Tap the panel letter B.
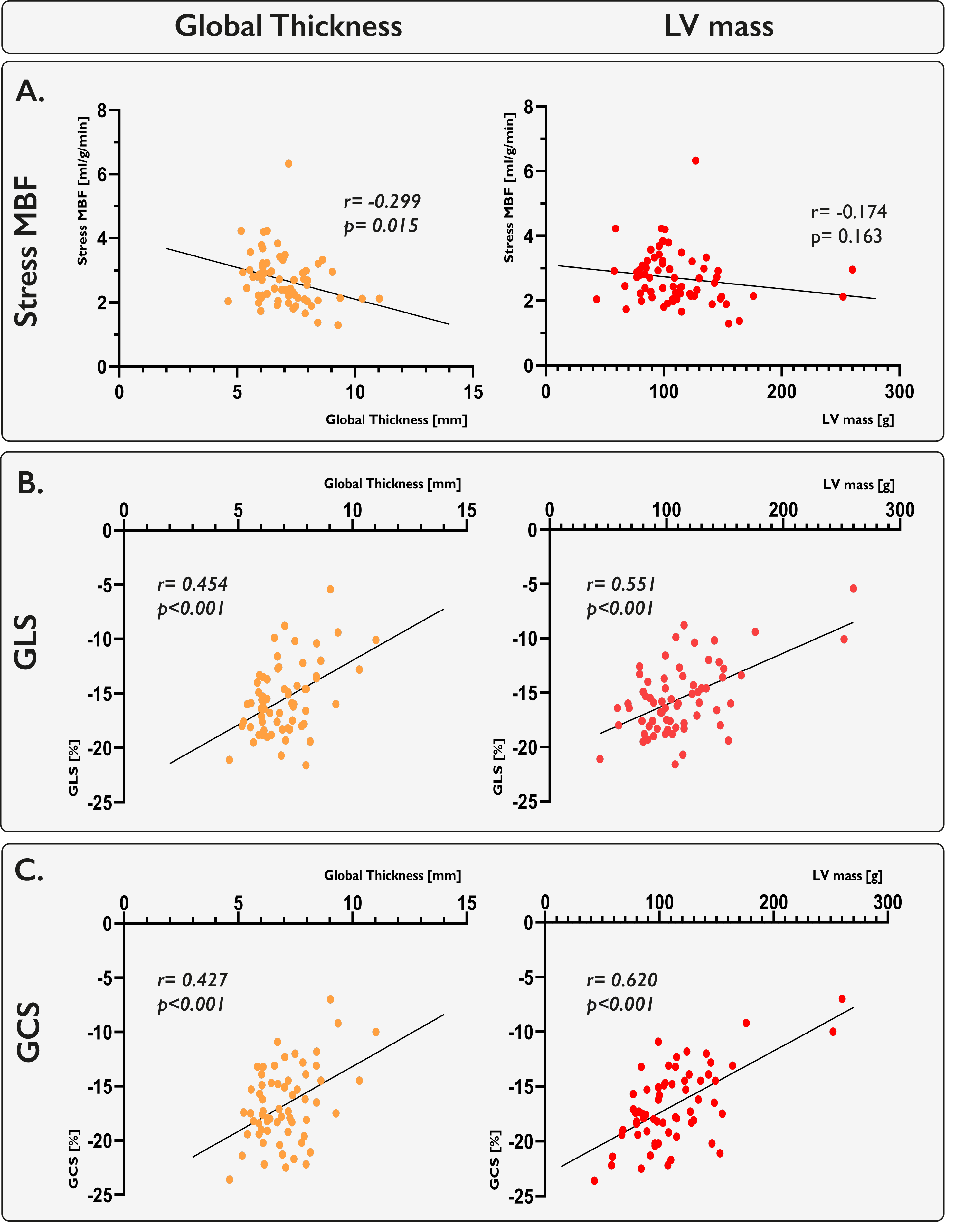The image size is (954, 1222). pyautogui.click(x=30, y=482)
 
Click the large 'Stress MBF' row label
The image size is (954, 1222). pyautogui.click(x=27, y=252)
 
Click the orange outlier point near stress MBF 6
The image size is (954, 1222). pyautogui.click(x=288, y=163)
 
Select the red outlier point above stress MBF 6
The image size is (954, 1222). pyautogui.click(x=696, y=160)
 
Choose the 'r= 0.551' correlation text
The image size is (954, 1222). pyautogui.click(x=621, y=584)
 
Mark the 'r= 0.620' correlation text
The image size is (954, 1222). pyautogui.click(x=622, y=980)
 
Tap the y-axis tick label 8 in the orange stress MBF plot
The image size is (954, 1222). pyautogui.click(x=102, y=110)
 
